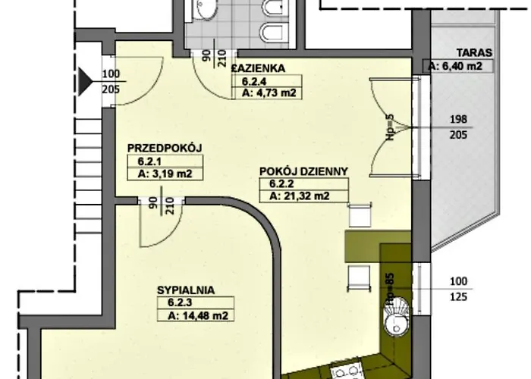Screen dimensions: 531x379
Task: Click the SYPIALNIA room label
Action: click(x=186, y=290)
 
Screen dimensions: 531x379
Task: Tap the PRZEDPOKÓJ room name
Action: click(x=165, y=148)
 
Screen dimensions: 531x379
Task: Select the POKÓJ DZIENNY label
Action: click(x=303, y=171)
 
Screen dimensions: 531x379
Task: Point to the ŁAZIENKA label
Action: click(x=258, y=68)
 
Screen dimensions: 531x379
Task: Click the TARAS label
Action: click(x=474, y=53)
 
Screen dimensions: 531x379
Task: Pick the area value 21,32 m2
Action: click(x=300, y=196)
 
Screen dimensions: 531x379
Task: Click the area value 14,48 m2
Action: click(x=198, y=316)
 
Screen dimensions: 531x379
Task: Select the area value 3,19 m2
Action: click(x=165, y=174)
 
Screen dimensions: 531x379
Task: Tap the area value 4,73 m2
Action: click(x=269, y=93)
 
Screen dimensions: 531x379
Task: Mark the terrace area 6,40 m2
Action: click(x=455, y=66)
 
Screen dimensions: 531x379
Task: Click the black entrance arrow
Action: click(x=85, y=82)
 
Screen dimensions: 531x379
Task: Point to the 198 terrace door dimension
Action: click(x=458, y=120)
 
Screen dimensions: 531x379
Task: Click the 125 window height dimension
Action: click(x=458, y=297)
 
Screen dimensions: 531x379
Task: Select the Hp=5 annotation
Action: click(x=390, y=125)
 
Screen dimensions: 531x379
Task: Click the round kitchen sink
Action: click(x=397, y=316)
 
